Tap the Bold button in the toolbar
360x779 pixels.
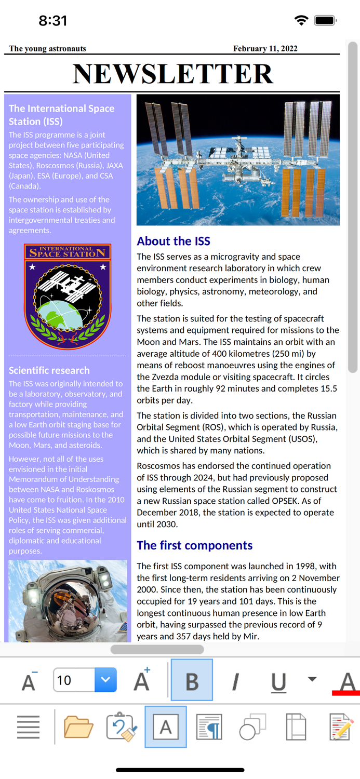192,680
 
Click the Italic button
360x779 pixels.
235,681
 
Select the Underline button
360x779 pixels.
278,681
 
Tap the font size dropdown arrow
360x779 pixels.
105,680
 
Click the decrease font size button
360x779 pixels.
29,681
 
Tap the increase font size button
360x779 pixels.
142,680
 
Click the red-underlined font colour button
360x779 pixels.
346,681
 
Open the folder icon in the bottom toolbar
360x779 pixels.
78,727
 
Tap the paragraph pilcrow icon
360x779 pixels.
209,727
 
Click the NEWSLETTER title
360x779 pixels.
172,74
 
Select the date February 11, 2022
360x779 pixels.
265,49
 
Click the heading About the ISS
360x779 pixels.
174,241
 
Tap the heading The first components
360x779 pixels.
194,545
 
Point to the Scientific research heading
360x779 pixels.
49,370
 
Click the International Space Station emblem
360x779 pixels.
68,296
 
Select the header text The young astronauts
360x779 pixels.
47,49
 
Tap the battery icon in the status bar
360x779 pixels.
325,20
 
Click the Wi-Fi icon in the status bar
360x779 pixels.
301,20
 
